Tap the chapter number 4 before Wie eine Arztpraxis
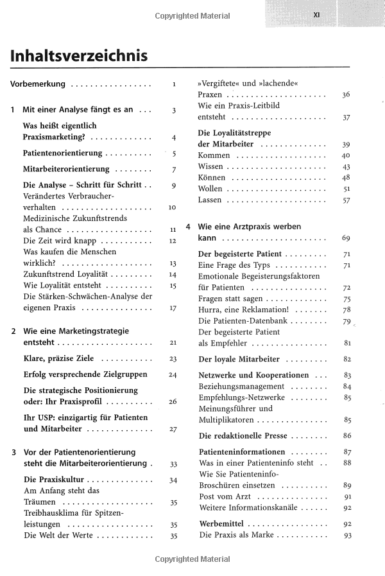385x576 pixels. pyautogui.click(x=187, y=227)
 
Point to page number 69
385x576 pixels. pyautogui.click(x=346, y=238)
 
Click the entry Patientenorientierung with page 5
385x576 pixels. pyautogui.click(x=63, y=153)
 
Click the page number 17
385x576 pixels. pyautogui.click(x=173, y=308)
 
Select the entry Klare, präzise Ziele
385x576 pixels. pyautogui.click(x=62, y=358)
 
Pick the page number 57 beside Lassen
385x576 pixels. pyautogui.click(x=346, y=200)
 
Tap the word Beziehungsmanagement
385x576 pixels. pyautogui.click(x=241, y=387)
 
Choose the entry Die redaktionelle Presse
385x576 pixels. pyautogui.click(x=246, y=435)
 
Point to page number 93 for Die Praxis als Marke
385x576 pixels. pyautogui.click(x=348, y=535)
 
